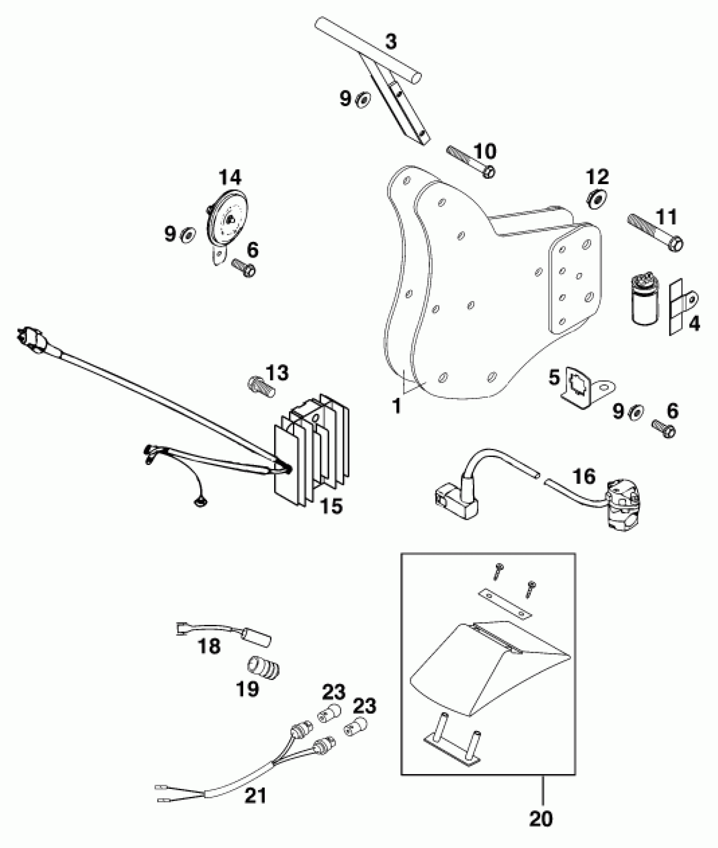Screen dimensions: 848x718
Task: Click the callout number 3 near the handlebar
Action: click(x=391, y=42)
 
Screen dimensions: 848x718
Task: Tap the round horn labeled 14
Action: click(x=227, y=220)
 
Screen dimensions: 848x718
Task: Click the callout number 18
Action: click(x=209, y=646)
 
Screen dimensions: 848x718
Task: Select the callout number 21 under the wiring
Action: click(x=256, y=796)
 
